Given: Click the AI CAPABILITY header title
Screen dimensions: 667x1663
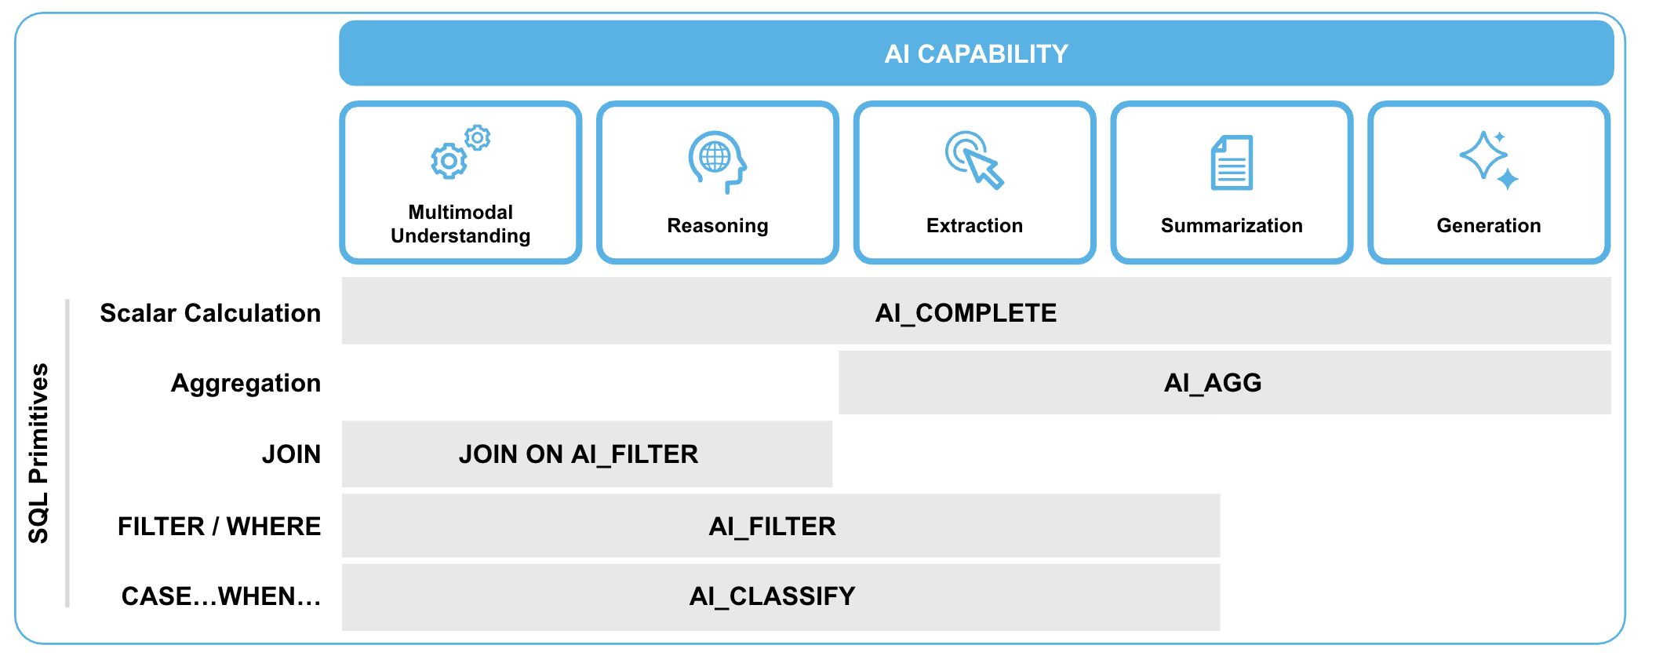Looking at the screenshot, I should coord(976,54).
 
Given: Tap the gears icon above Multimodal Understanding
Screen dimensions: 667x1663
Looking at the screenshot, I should coord(460,152).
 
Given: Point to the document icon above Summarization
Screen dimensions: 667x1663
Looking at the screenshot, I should coord(1232,162).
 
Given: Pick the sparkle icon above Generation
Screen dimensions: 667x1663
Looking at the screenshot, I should coord(1488,160).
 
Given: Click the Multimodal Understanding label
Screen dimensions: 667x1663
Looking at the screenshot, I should coord(460,224).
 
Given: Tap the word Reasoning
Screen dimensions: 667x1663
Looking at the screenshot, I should coord(717,226).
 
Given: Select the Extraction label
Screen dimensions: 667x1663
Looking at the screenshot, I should coord(974,226).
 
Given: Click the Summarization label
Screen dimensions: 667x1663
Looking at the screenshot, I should coord(1232,226).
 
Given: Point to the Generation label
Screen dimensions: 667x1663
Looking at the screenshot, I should coord(1488,226).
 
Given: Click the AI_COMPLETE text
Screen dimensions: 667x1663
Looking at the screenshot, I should coord(966,313).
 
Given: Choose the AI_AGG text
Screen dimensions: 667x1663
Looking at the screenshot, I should coord(1213,383).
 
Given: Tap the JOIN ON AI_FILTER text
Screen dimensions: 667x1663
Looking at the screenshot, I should coord(578,454).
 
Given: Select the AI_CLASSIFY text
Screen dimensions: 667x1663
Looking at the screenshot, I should coord(772,596).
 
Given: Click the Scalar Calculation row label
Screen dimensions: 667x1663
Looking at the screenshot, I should coord(210,313).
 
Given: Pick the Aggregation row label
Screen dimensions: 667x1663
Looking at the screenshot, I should coord(246,383).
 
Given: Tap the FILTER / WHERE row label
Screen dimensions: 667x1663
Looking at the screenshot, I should coord(219,526).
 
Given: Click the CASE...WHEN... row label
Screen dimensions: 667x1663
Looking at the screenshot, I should coord(221,596).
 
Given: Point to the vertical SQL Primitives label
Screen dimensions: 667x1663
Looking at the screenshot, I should coord(38,454).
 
